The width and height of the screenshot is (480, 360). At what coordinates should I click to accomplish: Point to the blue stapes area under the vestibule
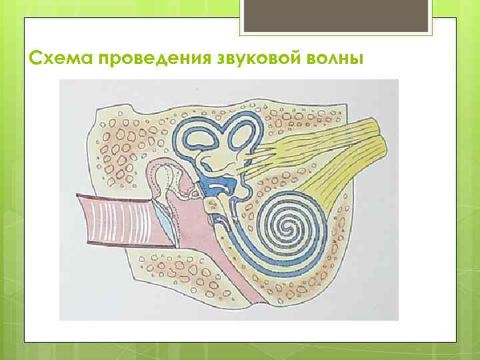[216, 187]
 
